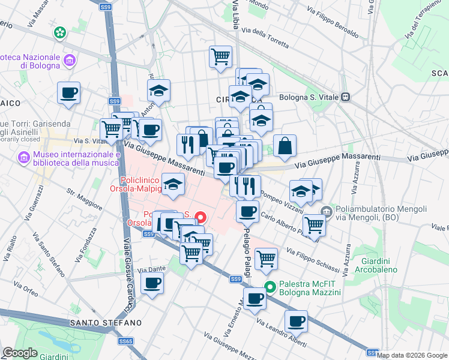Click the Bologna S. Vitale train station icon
(345, 97)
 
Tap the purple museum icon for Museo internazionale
(24, 158)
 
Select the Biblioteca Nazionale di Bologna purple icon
(70, 60)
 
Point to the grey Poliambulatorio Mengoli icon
(326, 211)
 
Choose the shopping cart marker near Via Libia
(221, 57)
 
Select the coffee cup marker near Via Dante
(152, 283)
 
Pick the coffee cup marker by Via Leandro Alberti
(296, 321)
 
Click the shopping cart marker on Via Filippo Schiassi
(266, 259)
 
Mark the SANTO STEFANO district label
(106, 323)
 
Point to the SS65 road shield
(125, 341)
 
